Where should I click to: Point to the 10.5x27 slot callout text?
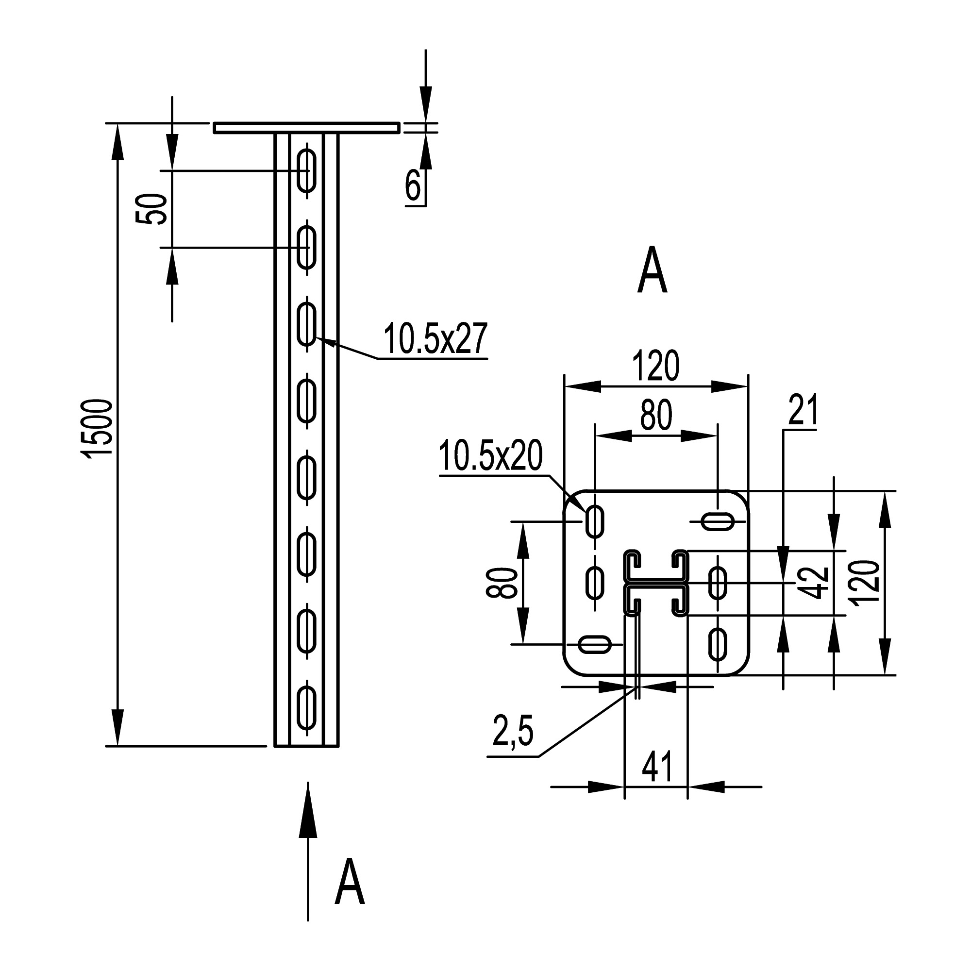(435, 339)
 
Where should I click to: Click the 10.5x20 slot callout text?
(490, 455)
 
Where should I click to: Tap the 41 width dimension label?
(657, 767)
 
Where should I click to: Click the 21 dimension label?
(803, 410)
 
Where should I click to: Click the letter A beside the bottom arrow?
(349, 888)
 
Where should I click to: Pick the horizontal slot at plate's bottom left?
(595, 644)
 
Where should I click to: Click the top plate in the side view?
(306, 128)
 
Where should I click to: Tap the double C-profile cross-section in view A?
(656, 583)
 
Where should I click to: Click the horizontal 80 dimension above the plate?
(656, 415)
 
